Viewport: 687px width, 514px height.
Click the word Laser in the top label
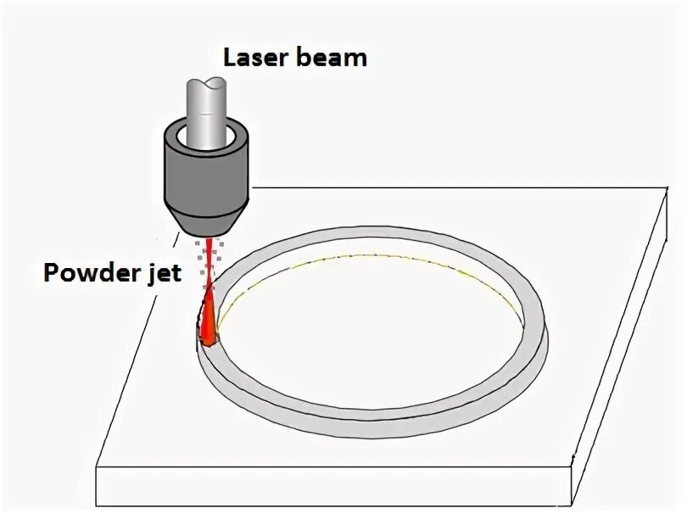pyautogui.click(x=252, y=58)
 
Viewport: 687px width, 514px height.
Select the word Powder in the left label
pyautogui.click(x=94, y=274)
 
